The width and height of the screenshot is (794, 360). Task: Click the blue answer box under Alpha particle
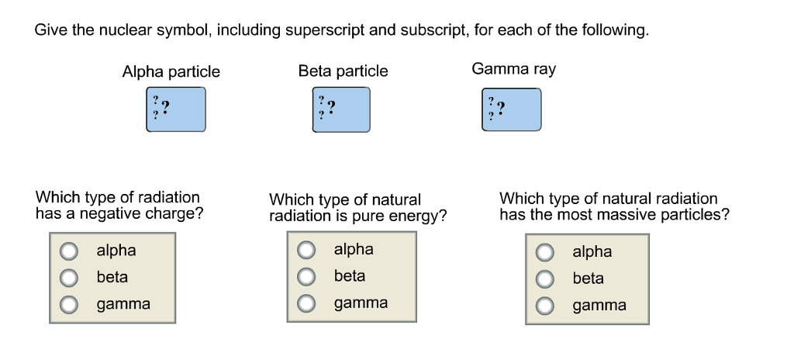point(176,109)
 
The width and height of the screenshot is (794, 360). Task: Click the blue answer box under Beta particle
point(340,109)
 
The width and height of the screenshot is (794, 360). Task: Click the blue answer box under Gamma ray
point(512,109)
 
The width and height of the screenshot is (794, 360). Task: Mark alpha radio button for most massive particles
point(546,252)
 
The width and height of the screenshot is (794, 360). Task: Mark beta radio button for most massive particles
point(546,279)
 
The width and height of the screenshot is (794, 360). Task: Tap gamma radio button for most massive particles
point(546,306)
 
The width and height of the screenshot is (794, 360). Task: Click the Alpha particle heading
point(171,72)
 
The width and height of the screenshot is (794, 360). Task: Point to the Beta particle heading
point(343,71)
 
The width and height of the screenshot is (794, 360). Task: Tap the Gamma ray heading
point(513,69)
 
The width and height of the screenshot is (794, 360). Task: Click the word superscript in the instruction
point(325,31)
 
